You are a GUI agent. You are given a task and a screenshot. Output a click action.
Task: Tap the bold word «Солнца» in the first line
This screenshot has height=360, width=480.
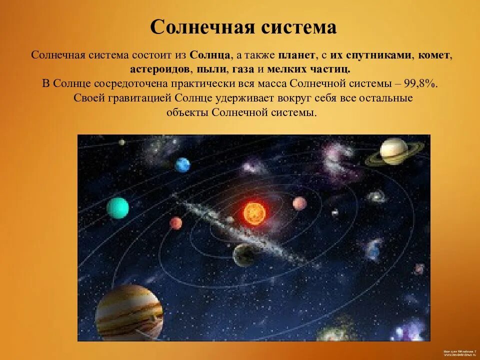210,55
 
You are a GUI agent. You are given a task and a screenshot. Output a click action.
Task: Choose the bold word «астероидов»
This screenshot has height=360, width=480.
159,69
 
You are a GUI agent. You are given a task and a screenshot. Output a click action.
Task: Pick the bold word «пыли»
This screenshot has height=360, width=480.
210,69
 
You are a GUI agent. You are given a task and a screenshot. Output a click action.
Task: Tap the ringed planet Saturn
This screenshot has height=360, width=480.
394,151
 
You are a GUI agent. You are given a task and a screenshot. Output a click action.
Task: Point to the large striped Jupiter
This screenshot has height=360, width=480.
129,313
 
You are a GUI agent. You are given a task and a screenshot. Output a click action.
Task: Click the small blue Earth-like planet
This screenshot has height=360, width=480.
182,164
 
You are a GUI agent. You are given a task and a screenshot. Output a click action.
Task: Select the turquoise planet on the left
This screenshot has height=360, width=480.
118,208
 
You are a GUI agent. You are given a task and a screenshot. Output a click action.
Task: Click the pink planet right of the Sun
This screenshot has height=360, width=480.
299,203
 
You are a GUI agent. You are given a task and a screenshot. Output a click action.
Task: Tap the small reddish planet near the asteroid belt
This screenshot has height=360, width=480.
175,222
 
